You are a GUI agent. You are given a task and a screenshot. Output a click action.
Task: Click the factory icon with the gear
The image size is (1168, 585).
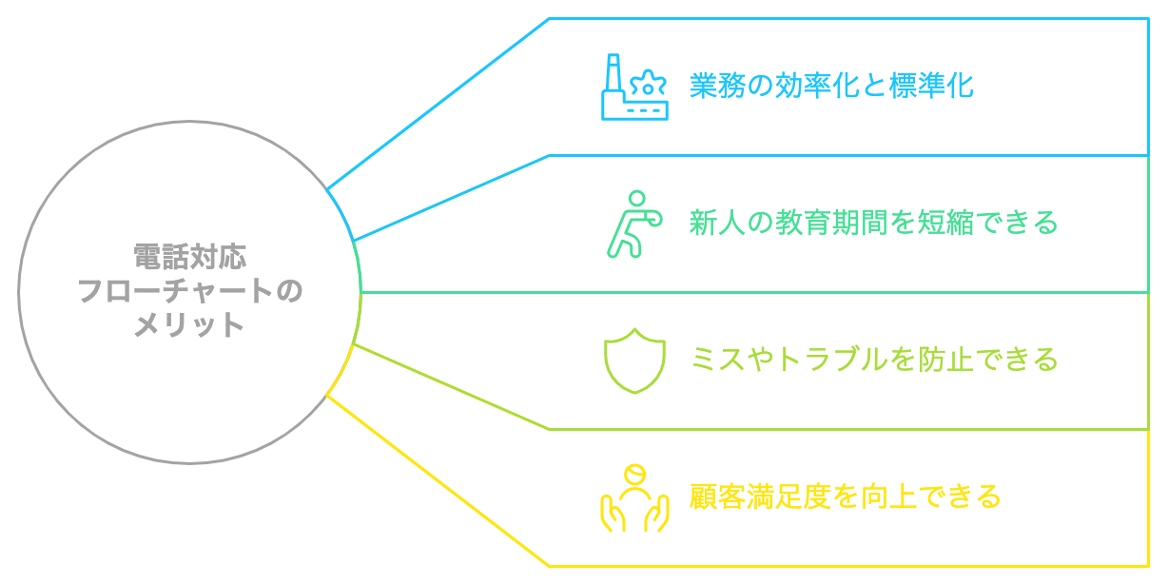coord(634,88)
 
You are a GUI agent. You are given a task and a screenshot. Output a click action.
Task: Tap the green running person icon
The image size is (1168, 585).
coord(633,224)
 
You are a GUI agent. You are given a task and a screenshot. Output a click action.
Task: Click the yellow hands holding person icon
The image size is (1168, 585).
coord(633,497)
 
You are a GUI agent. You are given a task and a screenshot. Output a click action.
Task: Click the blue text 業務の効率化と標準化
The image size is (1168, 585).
coord(831,87)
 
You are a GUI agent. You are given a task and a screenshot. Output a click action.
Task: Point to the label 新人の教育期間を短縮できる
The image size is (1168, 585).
coord(872,224)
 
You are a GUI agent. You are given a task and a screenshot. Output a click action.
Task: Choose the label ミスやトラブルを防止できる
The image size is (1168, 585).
coord(873,361)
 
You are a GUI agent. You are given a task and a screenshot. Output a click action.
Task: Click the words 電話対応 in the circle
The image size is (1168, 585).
coord(188,257)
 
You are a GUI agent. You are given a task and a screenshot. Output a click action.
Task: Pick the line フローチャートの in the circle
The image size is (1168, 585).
coord(188,291)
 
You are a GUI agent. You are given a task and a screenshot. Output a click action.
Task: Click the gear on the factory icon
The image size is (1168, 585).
coord(649,84)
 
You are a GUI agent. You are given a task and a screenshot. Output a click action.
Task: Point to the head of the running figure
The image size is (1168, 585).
coord(636,200)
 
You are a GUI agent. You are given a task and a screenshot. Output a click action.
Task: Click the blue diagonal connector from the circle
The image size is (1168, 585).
coord(438,104)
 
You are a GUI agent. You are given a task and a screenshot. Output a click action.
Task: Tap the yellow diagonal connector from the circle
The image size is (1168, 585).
coord(438,480)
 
